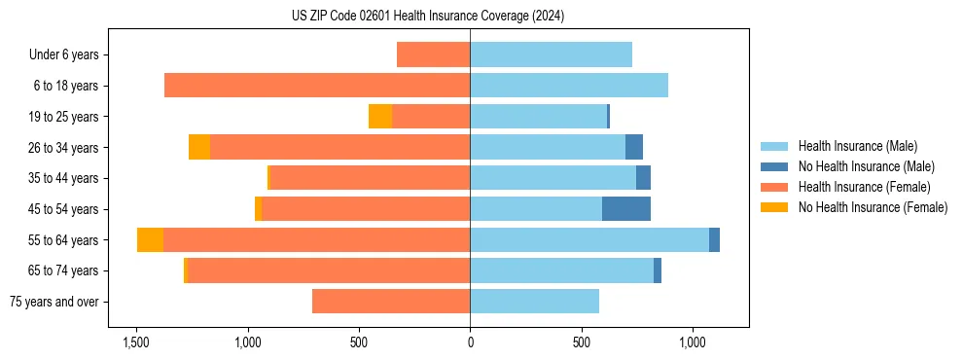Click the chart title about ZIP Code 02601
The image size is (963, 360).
pyautogui.click(x=428, y=17)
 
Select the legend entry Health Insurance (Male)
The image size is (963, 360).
pyautogui.click(x=856, y=146)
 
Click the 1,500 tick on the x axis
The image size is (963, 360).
pyautogui.click(x=136, y=343)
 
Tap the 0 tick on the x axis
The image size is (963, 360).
pyautogui.click(x=470, y=343)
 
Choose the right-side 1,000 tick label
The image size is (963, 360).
pyautogui.click(x=693, y=343)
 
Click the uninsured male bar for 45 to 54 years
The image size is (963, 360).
pyautogui.click(x=626, y=209)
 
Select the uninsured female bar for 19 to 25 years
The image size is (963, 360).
pyautogui.click(x=380, y=117)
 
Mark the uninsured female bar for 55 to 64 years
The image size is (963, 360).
pyautogui.click(x=150, y=240)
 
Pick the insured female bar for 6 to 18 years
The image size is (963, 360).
pyautogui.click(x=317, y=86)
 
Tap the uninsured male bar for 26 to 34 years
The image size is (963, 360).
pyautogui.click(x=634, y=148)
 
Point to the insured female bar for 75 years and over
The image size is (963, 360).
pyautogui.click(x=391, y=302)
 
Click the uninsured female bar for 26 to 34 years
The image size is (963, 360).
pyautogui.click(x=199, y=148)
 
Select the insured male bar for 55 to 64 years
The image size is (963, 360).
pyautogui.click(x=589, y=240)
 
